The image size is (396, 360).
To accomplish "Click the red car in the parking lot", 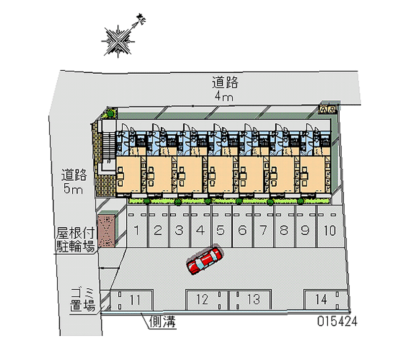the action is (x=204, y=260).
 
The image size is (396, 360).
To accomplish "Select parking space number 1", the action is (x=137, y=230).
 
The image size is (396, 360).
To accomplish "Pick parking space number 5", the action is (x=221, y=230).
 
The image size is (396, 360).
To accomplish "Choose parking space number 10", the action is (x=328, y=230).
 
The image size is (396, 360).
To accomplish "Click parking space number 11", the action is (x=131, y=299).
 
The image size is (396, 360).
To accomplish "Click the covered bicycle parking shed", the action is (x=106, y=230).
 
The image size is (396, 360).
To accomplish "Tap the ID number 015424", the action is (x=338, y=321).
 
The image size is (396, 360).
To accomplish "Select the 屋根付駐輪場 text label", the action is (x=75, y=239).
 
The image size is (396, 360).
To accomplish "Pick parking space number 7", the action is (x=264, y=230).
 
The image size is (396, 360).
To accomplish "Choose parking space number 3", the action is (x=179, y=230).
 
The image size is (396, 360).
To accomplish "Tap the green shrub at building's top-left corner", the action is (x=109, y=114).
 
